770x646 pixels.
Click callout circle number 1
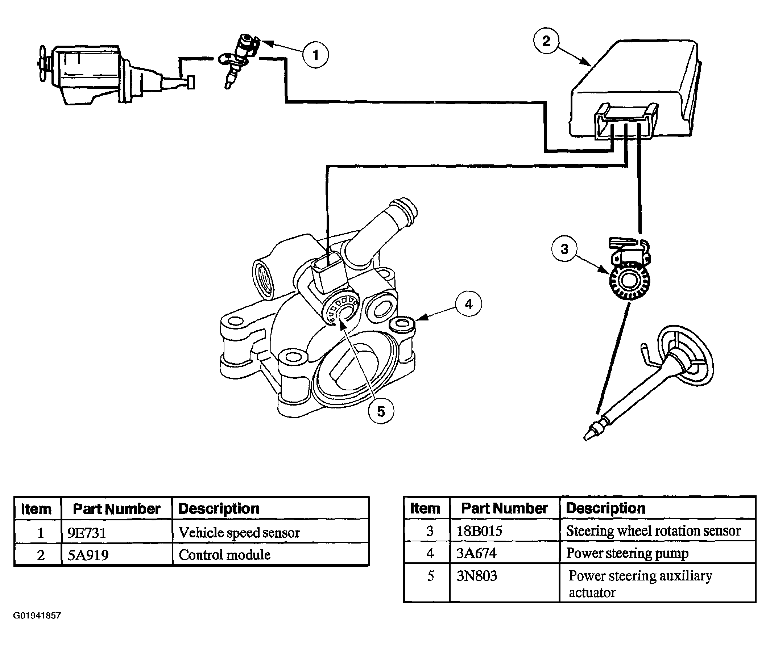coord(315,55)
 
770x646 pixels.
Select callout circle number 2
coord(546,41)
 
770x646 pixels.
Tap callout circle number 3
coord(564,249)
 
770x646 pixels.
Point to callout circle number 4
coord(469,304)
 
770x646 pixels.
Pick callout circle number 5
coord(381,411)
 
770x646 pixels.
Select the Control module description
coord(224,555)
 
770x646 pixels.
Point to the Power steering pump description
coord(627,553)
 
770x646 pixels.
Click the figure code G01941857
coord(37,616)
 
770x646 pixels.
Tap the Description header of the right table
coord(605,508)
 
